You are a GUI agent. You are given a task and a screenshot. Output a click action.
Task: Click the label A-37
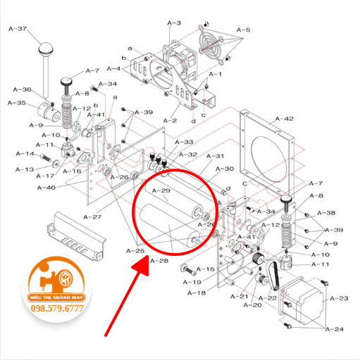[17, 29]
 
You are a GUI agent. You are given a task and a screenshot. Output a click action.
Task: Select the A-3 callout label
[174, 23]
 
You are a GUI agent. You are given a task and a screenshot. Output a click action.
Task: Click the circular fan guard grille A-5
[213, 48]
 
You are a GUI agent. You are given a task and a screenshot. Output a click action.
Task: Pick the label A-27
[92, 217]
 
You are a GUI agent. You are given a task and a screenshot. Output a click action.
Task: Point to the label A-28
[159, 261]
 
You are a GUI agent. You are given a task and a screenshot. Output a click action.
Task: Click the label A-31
[215, 156]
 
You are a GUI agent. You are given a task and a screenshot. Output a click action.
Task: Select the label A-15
[205, 269]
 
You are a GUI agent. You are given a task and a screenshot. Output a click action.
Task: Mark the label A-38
[326, 212]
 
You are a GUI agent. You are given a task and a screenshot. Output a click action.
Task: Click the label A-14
[25, 154]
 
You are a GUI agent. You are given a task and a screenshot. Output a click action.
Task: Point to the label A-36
[22, 89]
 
